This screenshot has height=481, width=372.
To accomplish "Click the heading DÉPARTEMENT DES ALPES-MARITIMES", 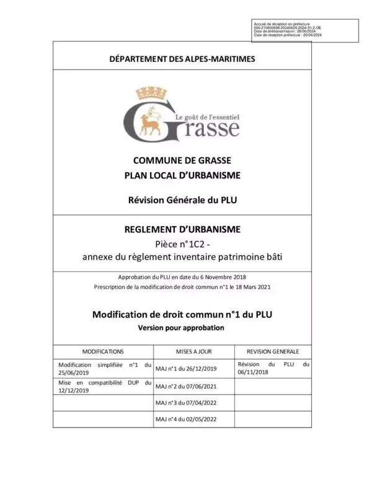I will (182, 59).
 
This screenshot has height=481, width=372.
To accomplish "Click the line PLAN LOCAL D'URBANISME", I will (182, 175).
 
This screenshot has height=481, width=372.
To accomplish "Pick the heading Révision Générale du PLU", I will (182, 200).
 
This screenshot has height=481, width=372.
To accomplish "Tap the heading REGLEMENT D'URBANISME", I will (182, 230).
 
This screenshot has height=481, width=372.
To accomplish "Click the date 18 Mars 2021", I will (251, 287).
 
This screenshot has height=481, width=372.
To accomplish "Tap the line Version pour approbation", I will (181, 327).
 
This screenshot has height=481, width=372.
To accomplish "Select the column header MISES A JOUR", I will (193, 351).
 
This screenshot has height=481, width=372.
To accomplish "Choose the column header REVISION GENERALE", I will (273, 351).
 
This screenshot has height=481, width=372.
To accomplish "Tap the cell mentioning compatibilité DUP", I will (104, 387).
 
